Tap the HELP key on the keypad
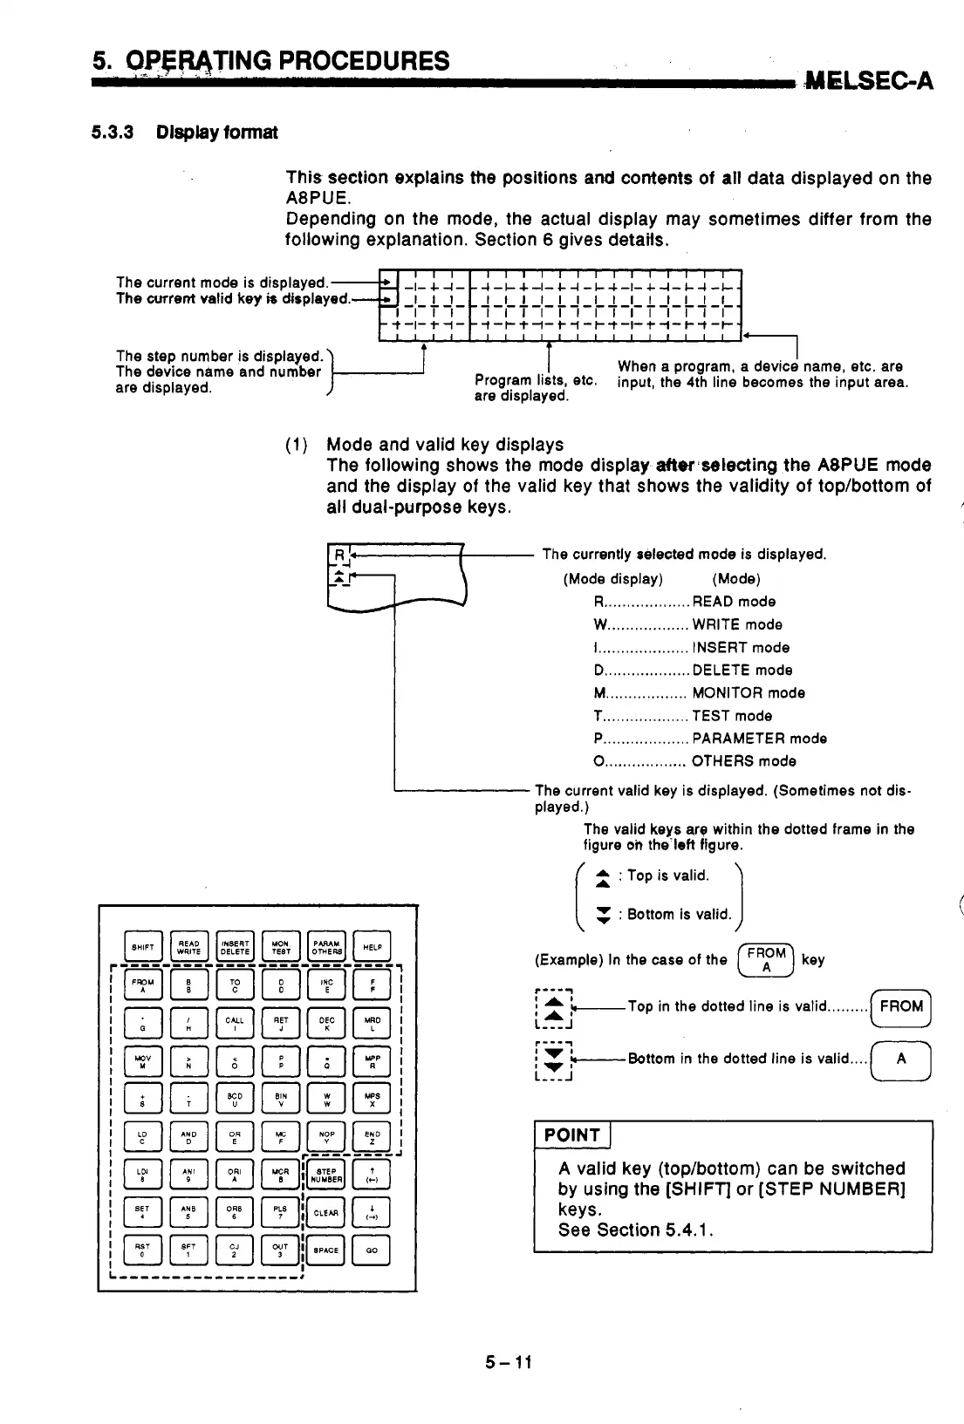(x=372, y=946)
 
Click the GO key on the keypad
(x=372, y=1250)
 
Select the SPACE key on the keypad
(x=326, y=1250)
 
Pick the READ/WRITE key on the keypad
(x=189, y=946)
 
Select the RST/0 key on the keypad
(x=143, y=1250)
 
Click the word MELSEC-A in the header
(x=870, y=82)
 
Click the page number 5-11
(x=509, y=1362)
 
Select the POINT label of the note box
(x=572, y=1134)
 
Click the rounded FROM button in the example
(x=901, y=1006)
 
